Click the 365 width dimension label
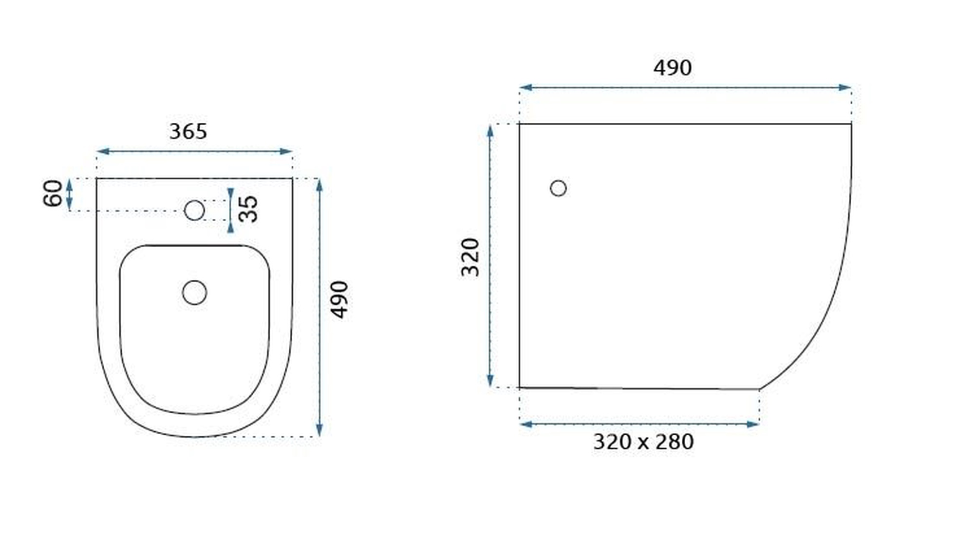tap(188, 132)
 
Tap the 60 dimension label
tap(53, 193)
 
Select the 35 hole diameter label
tap(249, 209)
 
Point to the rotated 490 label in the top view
tap(339, 300)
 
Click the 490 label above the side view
tap(672, 68)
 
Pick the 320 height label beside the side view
tap(470, 257)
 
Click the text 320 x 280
tap(643, 442)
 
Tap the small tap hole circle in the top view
tap(194, 210)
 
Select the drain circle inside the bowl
tap(194, 292)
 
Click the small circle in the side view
tap(558, 188)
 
